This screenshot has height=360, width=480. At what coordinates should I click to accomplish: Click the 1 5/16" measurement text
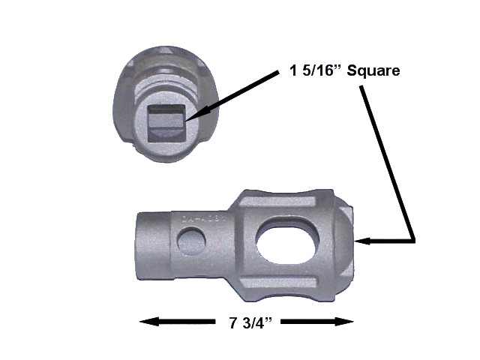(313, 72)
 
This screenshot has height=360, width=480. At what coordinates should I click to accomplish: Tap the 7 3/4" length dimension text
(247, 323)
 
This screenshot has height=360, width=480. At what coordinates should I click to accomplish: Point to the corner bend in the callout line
(414, 241)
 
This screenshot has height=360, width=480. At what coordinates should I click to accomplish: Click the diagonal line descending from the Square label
(388, 161)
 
